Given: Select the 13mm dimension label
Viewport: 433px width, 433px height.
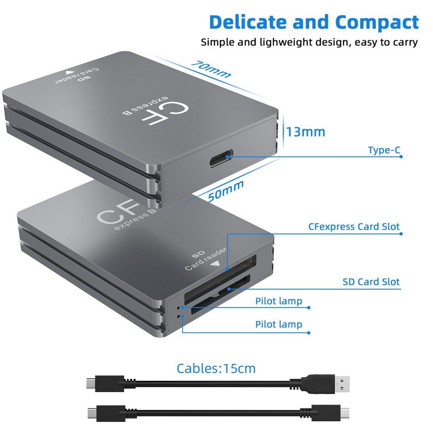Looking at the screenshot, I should pos(305,131).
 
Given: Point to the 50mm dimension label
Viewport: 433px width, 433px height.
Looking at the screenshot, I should pos(226,191).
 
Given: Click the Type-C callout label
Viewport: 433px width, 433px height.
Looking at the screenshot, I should pos(384,150).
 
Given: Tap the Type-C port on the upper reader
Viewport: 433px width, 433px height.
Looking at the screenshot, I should pos(221,158).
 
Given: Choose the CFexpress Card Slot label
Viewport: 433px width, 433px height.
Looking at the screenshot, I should pos(354,227).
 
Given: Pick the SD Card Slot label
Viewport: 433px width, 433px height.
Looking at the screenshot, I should pos(371,282).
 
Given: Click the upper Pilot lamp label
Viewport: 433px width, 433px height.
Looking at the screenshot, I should pos(278,301).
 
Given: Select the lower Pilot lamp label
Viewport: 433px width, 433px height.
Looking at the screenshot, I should pos(278,324).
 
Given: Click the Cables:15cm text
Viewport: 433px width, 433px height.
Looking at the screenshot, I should pos(216,368).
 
